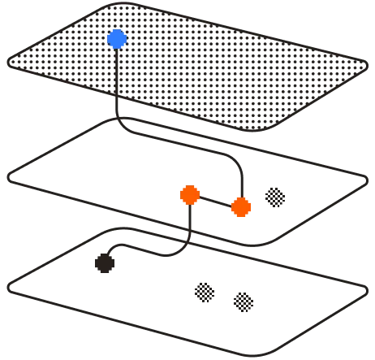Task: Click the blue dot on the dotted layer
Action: (x=117, y=39)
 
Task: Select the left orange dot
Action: (x=190, y=195)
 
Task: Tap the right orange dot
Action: (x=241, y=207)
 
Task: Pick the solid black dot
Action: (x=105, y=262)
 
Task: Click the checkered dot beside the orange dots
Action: (x=275, y=197)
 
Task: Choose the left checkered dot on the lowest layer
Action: (x=205, y=292)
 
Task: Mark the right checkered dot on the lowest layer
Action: (x=244, y=302)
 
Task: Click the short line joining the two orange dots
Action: (x=215, y=201)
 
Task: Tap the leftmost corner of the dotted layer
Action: (x=10, y=61)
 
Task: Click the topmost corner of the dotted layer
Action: (x=114, y=6)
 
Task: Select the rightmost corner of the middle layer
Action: (x=365, y=181)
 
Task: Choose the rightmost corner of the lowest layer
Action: (x=365, y=293)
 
